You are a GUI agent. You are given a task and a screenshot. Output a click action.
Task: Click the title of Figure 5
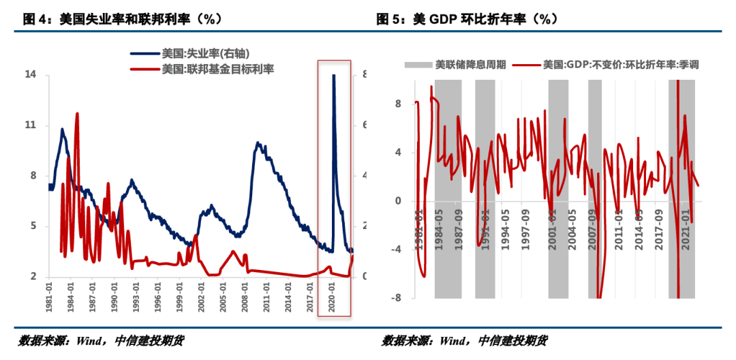pyautogui.click(x=467, y=20)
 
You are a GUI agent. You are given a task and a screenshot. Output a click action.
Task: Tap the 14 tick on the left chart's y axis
pyautogui.click(x=31, y=74)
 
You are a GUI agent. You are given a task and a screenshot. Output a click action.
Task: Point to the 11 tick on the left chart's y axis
pyautogui.click(x=31, y=125)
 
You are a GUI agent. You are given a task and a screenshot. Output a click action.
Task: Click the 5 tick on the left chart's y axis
pyautogui.click(x=33, y=226)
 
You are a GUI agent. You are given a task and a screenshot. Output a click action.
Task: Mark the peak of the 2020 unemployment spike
pyautogui.click(x=333, y=76)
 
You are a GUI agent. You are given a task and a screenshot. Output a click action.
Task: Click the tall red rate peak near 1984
pyautogui.click(x=77, y=115)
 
